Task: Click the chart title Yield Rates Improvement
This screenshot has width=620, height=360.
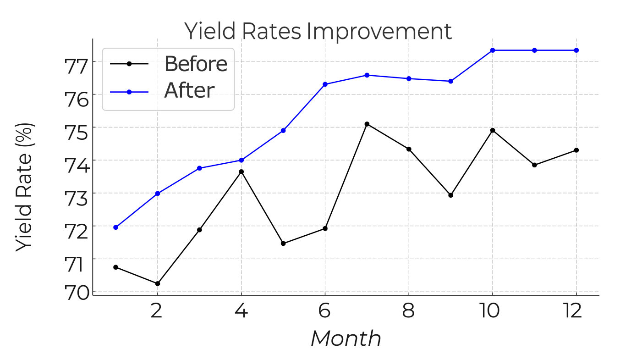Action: pos(318,32)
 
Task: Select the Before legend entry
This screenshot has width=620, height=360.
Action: pos(196,64)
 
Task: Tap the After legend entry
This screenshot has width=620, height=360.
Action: pos(189,91)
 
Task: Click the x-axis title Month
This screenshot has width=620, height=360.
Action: pos(346,339)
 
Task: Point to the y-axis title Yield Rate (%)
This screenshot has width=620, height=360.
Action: pos(25,187)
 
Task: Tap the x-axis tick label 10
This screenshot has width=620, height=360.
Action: pos(492,312)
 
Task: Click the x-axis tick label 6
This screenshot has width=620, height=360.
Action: pos(325,312)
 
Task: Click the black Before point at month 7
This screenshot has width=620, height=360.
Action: pos(367,124)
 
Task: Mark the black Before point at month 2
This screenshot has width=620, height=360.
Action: pos(158,283)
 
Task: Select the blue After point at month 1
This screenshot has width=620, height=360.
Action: pos(116,227)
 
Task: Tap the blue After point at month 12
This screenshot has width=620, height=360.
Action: pos(576,50)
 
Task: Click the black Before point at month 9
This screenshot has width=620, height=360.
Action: pos(450,195)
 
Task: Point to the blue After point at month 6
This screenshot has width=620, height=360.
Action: pos(325,84)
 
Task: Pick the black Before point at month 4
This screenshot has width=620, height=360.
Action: pos(241,172)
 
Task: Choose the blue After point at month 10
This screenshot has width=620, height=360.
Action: pos(492,50)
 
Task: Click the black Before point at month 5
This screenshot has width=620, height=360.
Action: pos(283,244)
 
